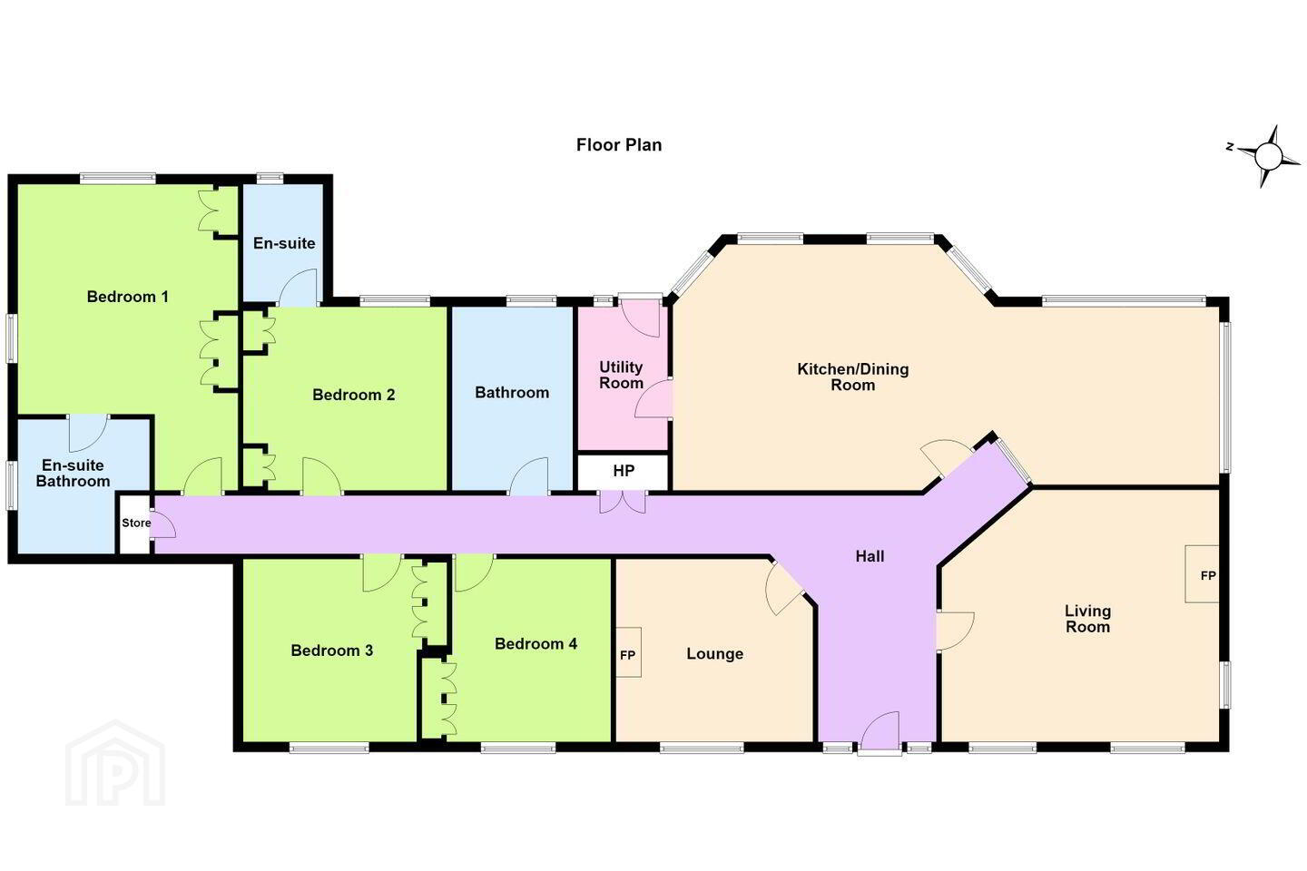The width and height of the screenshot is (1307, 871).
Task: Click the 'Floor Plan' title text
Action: pos(618,144)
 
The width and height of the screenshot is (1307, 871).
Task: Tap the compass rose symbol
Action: pos(1267,156)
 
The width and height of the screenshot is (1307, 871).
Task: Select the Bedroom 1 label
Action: pos(127,297)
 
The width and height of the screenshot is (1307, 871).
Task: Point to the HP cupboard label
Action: pos(624,471)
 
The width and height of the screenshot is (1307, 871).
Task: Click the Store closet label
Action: pos(136,523)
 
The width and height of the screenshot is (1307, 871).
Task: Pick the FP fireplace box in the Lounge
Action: pos(628,652)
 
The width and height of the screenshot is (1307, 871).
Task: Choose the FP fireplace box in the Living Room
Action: pos(1202,574)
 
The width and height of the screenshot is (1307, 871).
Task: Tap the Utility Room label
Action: pos(621,375)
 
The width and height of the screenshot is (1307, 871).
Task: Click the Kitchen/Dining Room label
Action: pos(852,377)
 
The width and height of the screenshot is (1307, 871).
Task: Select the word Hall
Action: pos(870,556)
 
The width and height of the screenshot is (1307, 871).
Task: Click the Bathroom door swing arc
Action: pos(529,476)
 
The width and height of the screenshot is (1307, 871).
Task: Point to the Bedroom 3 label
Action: pos(331,651)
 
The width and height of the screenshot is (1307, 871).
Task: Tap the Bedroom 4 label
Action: pos(536,643)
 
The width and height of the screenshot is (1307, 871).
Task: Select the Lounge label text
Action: pos(715,653)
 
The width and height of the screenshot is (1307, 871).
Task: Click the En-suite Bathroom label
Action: pos(73,473)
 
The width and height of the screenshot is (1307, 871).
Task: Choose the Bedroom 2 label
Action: pos(354,395)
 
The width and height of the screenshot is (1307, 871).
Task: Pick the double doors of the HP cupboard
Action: pos(623,503)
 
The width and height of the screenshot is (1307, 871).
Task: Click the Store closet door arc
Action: pos(163,524)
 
